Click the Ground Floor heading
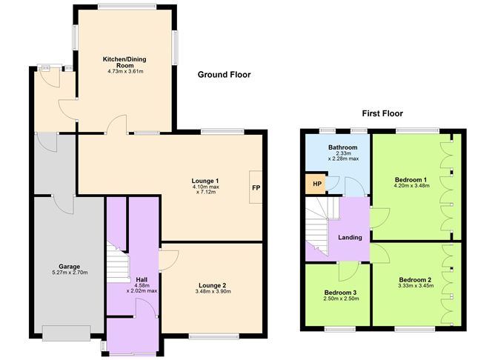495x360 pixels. pyautogui.click(x=224, y=75)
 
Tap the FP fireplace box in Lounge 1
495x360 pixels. pyautogui.click(x=256, y=188)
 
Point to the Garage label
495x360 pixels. pyautogui.click(x=70, y=267)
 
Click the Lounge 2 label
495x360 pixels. pyautogui.click(x=212, y=284)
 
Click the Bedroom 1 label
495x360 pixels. pyautogui.click(x=410, y=180)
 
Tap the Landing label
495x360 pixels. pyautogui.click(x=350, y=238)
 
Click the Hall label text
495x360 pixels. pyautogui.click(x=142, y=279)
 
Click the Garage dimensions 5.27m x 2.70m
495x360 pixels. pyautogui.click(x=70, y=273)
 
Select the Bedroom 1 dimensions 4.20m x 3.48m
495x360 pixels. pyautogui.click(x=410, y=187)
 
